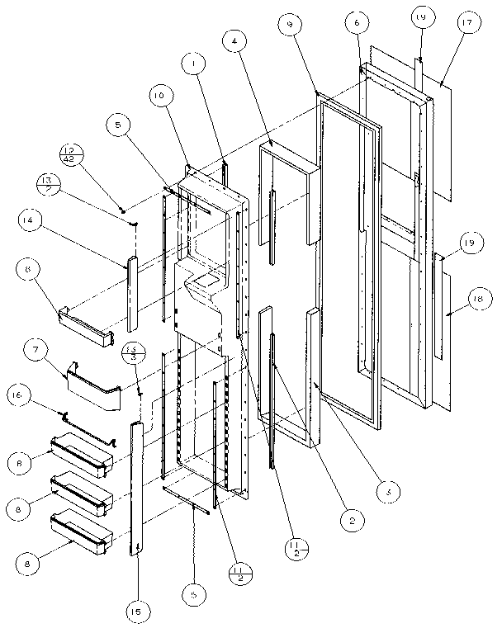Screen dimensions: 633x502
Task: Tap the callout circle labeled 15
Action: (x=137, y=611)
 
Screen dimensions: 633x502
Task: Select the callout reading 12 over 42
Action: (x=72, y=154)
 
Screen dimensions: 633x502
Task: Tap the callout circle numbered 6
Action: (x=358, y=24)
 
